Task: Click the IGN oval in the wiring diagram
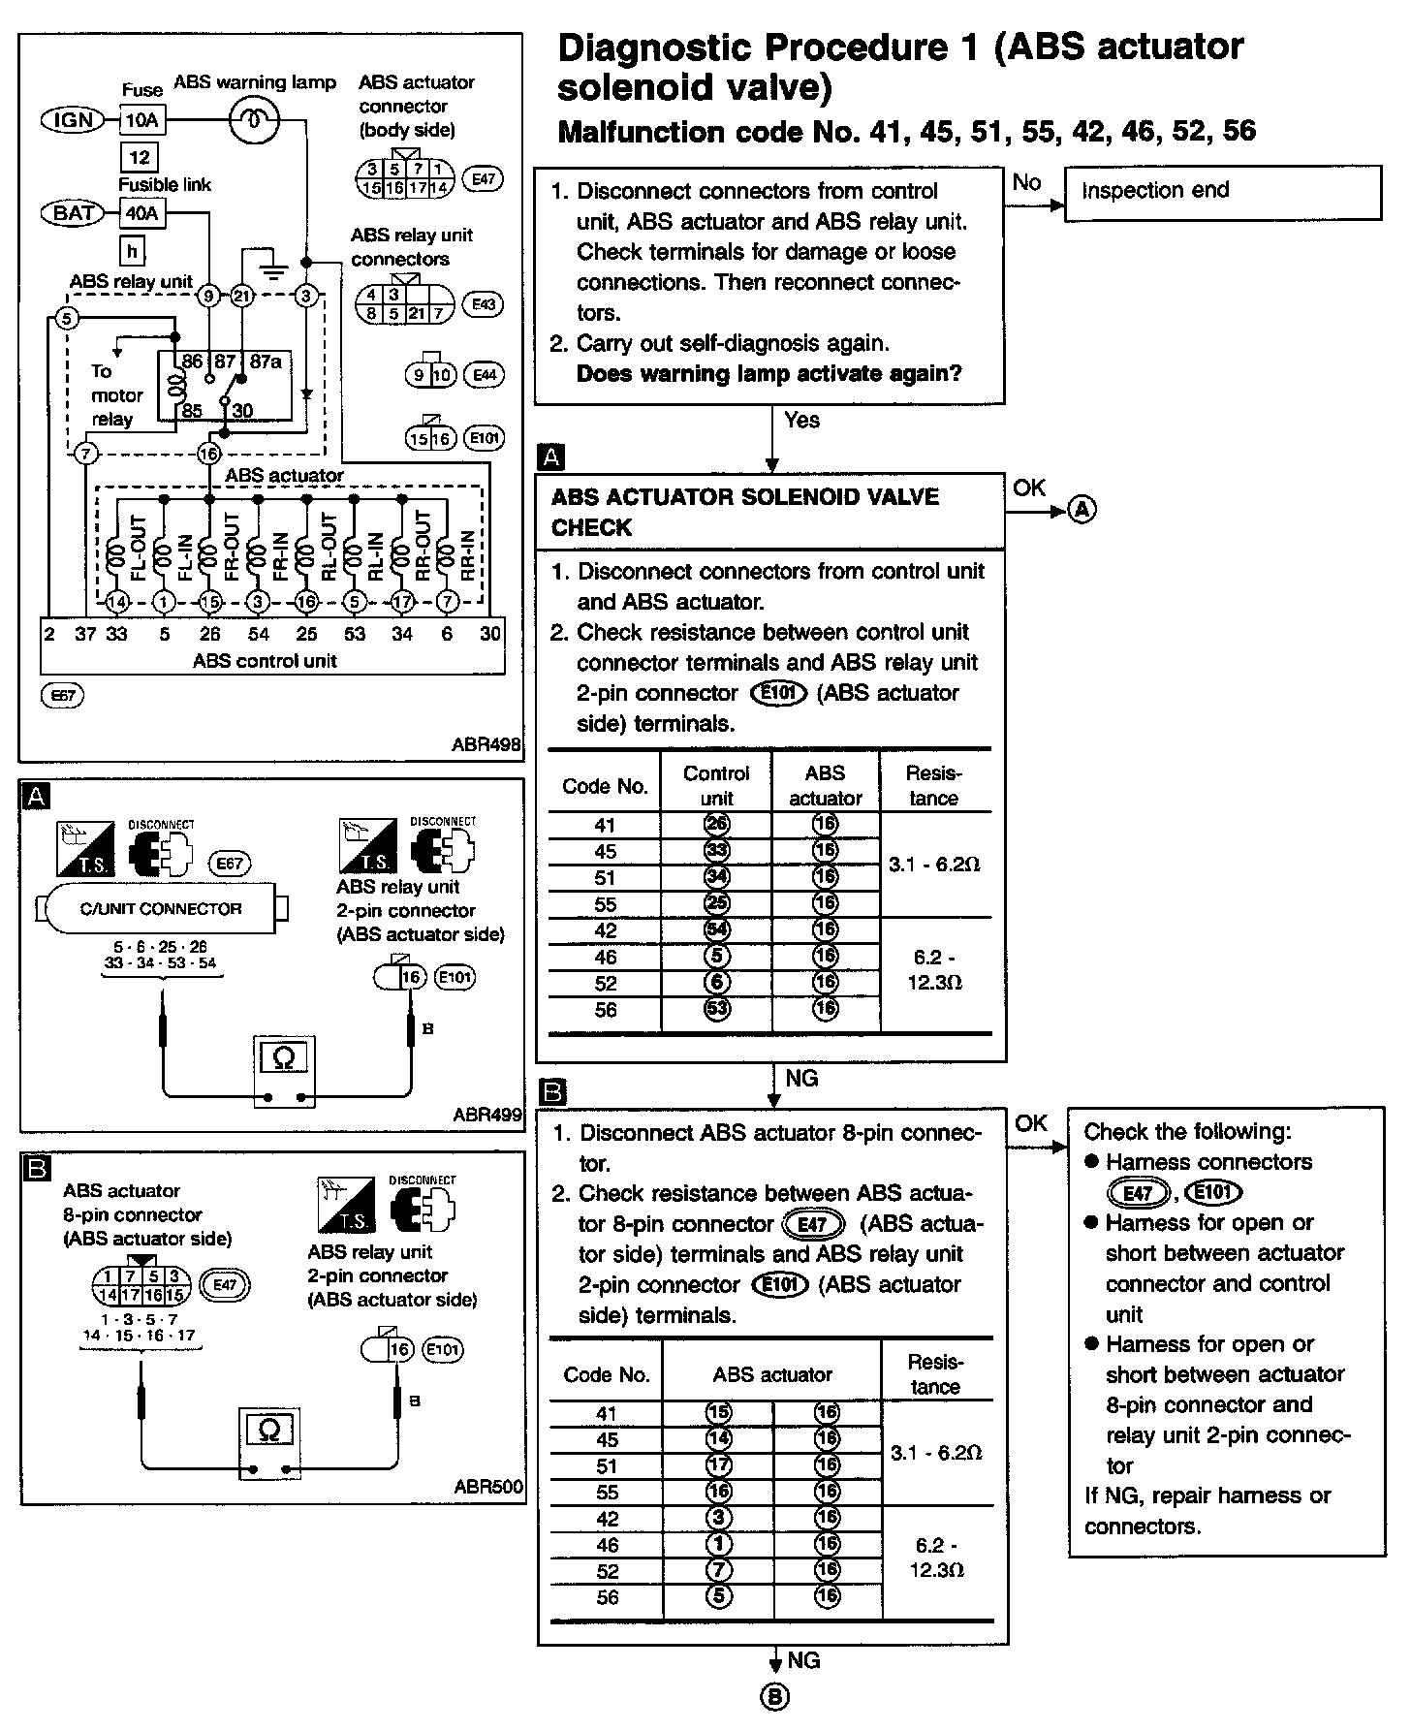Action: point(73,120)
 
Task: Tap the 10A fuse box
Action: point(141,120)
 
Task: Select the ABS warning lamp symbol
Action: point(254,120)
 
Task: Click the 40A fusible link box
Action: point(141,213)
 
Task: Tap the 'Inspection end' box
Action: point(1222,192)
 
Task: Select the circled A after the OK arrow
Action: point(1082,509)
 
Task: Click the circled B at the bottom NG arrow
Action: point(774,1697)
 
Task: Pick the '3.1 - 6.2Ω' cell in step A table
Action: point(934,864)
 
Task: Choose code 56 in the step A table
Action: point(606,1010)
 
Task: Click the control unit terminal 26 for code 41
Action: point(717,825)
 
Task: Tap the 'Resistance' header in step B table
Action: point(935,1373)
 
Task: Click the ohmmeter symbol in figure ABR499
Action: point(282,1057)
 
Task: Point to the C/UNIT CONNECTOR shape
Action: point(161,909)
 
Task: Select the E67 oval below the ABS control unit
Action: point(64,695)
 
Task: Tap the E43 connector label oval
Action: point(483,304)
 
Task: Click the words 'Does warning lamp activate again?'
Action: point(768,374)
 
